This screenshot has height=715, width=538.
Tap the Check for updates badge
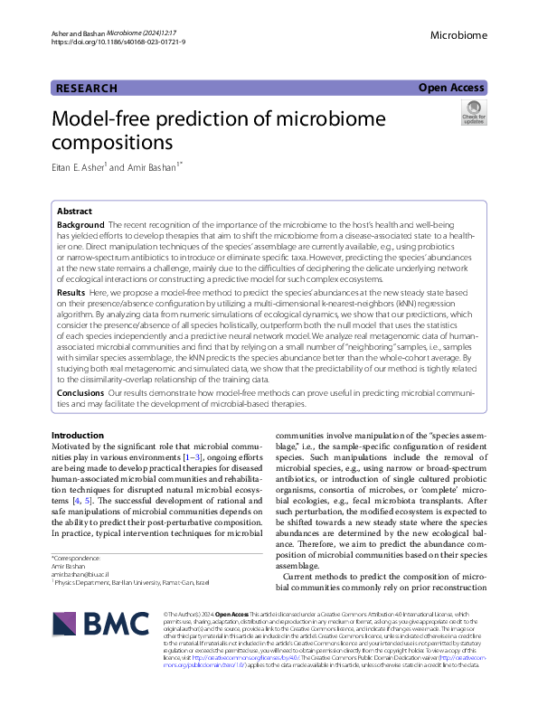[473, 114]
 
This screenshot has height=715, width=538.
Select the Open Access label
[452, 88]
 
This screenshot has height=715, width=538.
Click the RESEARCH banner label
[87, 89]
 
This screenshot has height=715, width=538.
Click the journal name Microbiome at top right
[458, 36]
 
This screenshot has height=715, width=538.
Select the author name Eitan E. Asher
[79, 167]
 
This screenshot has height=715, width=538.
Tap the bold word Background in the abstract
[80, 223]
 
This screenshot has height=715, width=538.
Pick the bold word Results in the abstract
[71, 294]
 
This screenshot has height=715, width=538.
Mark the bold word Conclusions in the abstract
[80, 394]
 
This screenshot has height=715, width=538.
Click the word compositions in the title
[112, 143]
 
